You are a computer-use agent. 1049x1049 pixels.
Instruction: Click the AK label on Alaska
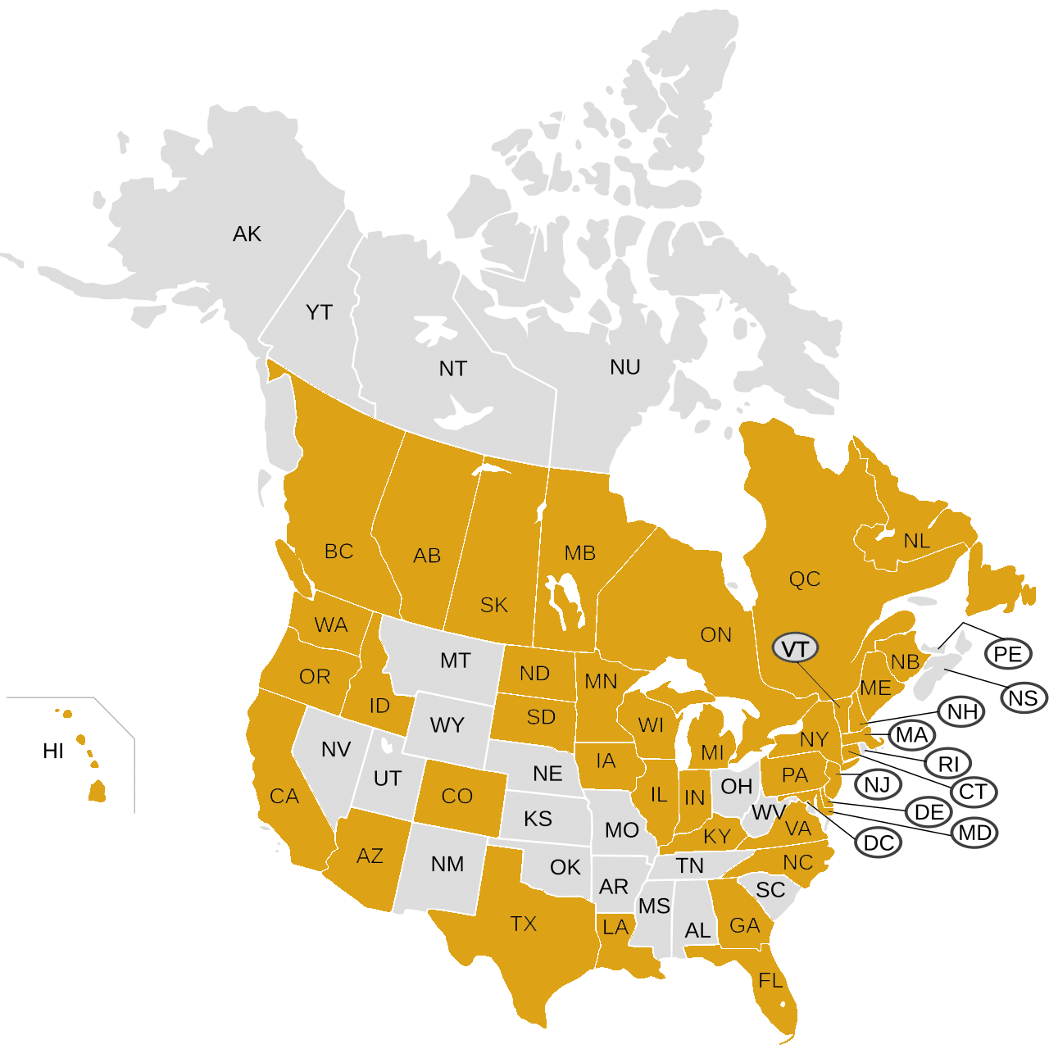pyautogui.click(x=247, y=234)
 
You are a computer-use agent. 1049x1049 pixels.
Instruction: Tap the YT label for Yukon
pyautogui.click(x=319, y=312)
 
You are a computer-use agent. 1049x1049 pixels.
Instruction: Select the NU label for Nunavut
pyautogui.click(x=624, y=367)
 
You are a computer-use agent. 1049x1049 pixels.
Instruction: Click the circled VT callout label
pyautogui.click(x=795, y=649)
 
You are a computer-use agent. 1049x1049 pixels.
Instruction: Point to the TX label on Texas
pyautogui.click(x=523, y=924)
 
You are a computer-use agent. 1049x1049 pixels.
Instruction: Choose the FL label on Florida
pyautogui.click(x=770, y=980)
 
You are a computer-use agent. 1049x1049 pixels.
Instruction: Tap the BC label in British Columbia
pyautogui.click(x=338, y=552)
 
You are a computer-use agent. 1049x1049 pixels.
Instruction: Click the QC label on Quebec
pyautogui.click(x=804, y=579)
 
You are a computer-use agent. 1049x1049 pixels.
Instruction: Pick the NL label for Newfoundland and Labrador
pyautogui.click(x=916, y=541)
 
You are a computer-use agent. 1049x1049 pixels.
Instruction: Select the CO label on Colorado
pyautogui.click(x=456, y=796)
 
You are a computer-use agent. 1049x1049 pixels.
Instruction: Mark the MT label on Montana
pyautogui.click(x=455, y=660)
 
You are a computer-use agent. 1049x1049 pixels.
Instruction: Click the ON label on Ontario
pyautogui.click(x=715, y=634)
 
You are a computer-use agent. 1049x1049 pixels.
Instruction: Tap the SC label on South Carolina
pyautogui.click(x=770, y=890)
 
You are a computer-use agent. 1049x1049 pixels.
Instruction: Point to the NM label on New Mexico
pyautogui.click(x=447, y=864)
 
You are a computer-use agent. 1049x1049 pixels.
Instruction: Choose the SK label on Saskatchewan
pyautogui.click(x=493, y=605)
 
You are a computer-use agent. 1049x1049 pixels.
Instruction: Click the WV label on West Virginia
pyautogui.click(x=768, y=812)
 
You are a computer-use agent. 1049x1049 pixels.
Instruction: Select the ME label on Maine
pyautogui.click(x=874, y=688)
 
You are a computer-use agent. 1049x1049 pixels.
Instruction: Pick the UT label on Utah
pyautogui.click(x=387, y=778)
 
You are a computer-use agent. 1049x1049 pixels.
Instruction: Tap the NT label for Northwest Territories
pyautogui.click(x=452, y=369)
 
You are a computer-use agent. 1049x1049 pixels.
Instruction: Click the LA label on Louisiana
pyautogui.click(x=615, y=927)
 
